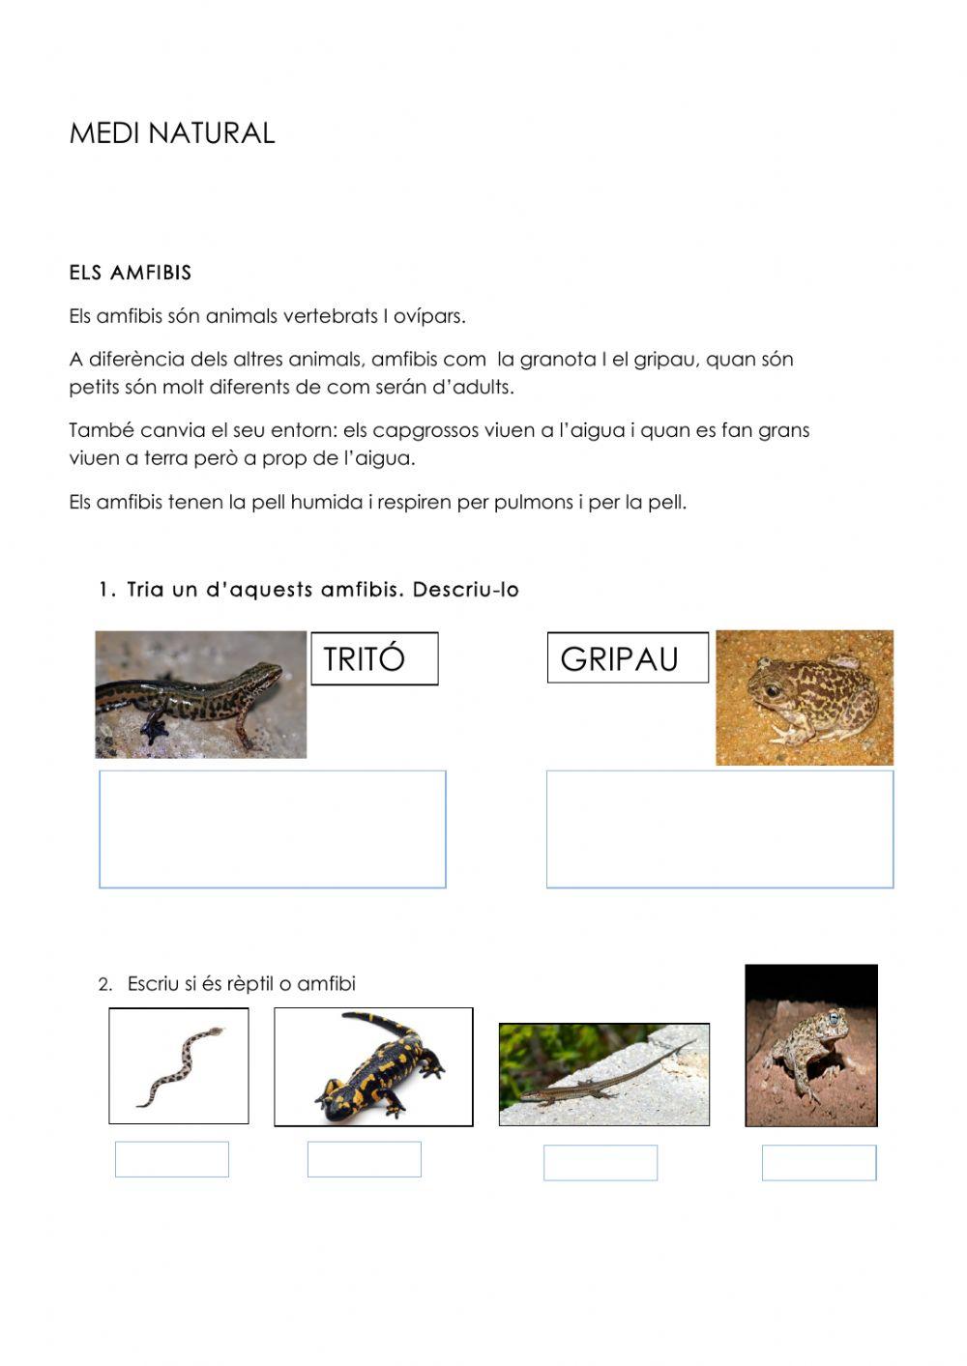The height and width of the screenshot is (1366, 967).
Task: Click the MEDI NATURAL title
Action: point(172,133)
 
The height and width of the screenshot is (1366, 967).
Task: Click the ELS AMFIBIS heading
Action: point(131,273)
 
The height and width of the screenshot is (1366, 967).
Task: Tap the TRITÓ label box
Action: point(374,659)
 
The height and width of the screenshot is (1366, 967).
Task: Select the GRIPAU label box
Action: point(628,658)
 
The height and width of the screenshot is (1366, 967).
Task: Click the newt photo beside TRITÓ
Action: point(201,694)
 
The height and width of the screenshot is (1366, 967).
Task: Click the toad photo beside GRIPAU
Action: point(805,698)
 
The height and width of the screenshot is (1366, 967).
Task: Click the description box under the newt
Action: point(273,828)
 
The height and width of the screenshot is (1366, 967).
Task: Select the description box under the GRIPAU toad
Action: point(719,828)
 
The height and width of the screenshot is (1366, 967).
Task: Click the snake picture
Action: point(179,1066)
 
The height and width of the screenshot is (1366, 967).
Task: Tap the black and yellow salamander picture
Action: point(374,1067)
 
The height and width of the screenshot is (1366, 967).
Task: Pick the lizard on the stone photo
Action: point(603,1074)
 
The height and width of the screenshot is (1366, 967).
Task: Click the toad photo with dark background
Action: point(811,1045)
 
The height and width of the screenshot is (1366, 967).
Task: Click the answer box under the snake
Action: point(172,1159)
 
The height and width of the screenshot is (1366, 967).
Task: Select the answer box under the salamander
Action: point(365,1159)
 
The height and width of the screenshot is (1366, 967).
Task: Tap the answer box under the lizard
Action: point(601,1163)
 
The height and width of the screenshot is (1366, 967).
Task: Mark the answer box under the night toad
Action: point(819,1163)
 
